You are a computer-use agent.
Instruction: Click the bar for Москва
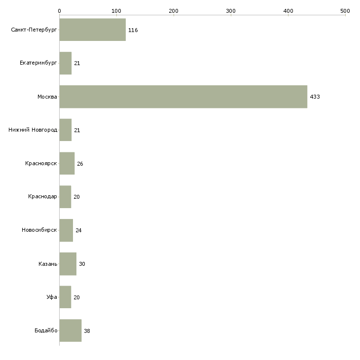pos(183,97)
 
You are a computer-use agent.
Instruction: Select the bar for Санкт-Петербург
pos(92,30)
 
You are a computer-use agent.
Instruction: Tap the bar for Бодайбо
pos(70,330)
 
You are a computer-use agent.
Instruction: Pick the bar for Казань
pos(68,264)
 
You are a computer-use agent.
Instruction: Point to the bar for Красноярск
pos(67,164)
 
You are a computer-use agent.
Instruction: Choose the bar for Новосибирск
pos(66,230)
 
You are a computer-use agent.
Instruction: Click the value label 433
pos(315,97)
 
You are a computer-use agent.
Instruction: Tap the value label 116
pos(133,30)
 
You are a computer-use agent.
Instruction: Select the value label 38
pos(87,331)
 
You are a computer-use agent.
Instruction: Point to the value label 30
pos(82,264)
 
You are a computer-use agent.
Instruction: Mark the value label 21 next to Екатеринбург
pos(77,64)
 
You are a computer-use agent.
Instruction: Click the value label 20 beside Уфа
pos(76,297)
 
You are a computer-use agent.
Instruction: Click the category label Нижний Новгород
pos(33,130)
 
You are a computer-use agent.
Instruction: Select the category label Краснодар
pos(42,197)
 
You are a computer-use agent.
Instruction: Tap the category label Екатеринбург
pos(38,64)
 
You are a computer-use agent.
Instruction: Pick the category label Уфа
pos(52,297)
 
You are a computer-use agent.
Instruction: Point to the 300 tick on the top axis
pos(231,10)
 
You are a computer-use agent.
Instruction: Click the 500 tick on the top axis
pos(345,10)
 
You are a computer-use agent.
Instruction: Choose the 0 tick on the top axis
pos(59,10)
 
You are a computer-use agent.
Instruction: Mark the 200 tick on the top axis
pos(174,10)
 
